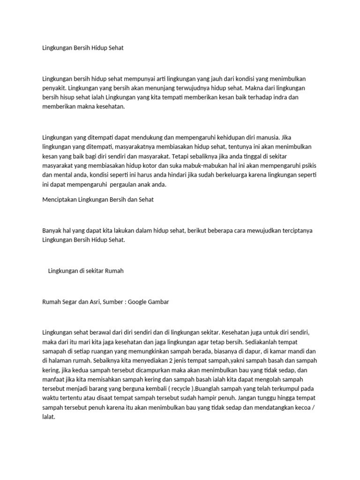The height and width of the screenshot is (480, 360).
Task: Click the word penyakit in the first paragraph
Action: tap(53, 88)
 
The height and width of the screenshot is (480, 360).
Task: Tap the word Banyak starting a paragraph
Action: tap(52, 231)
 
